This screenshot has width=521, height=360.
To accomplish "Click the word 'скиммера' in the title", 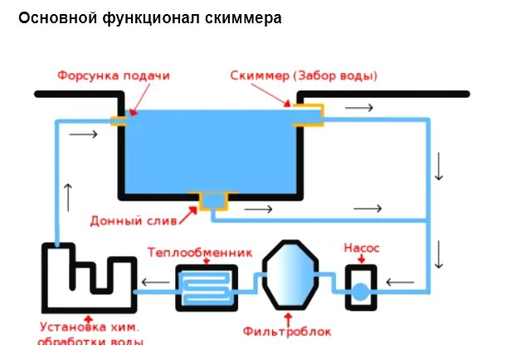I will (246, 17).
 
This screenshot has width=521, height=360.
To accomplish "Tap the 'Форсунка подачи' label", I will (114, 75).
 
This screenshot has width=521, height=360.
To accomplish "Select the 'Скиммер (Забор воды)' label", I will (304, 75).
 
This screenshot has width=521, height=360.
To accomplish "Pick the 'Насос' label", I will (362, 248).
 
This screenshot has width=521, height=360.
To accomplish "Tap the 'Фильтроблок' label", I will (287, 331).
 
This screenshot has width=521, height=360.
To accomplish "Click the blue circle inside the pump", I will (361, 291).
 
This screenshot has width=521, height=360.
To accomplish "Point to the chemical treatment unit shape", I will (87, 277).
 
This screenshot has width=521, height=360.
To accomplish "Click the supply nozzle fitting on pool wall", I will (119, 121).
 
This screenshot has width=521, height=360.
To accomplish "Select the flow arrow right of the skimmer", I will (358, 108).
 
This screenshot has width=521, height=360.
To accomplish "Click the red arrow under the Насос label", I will (362, 258).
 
